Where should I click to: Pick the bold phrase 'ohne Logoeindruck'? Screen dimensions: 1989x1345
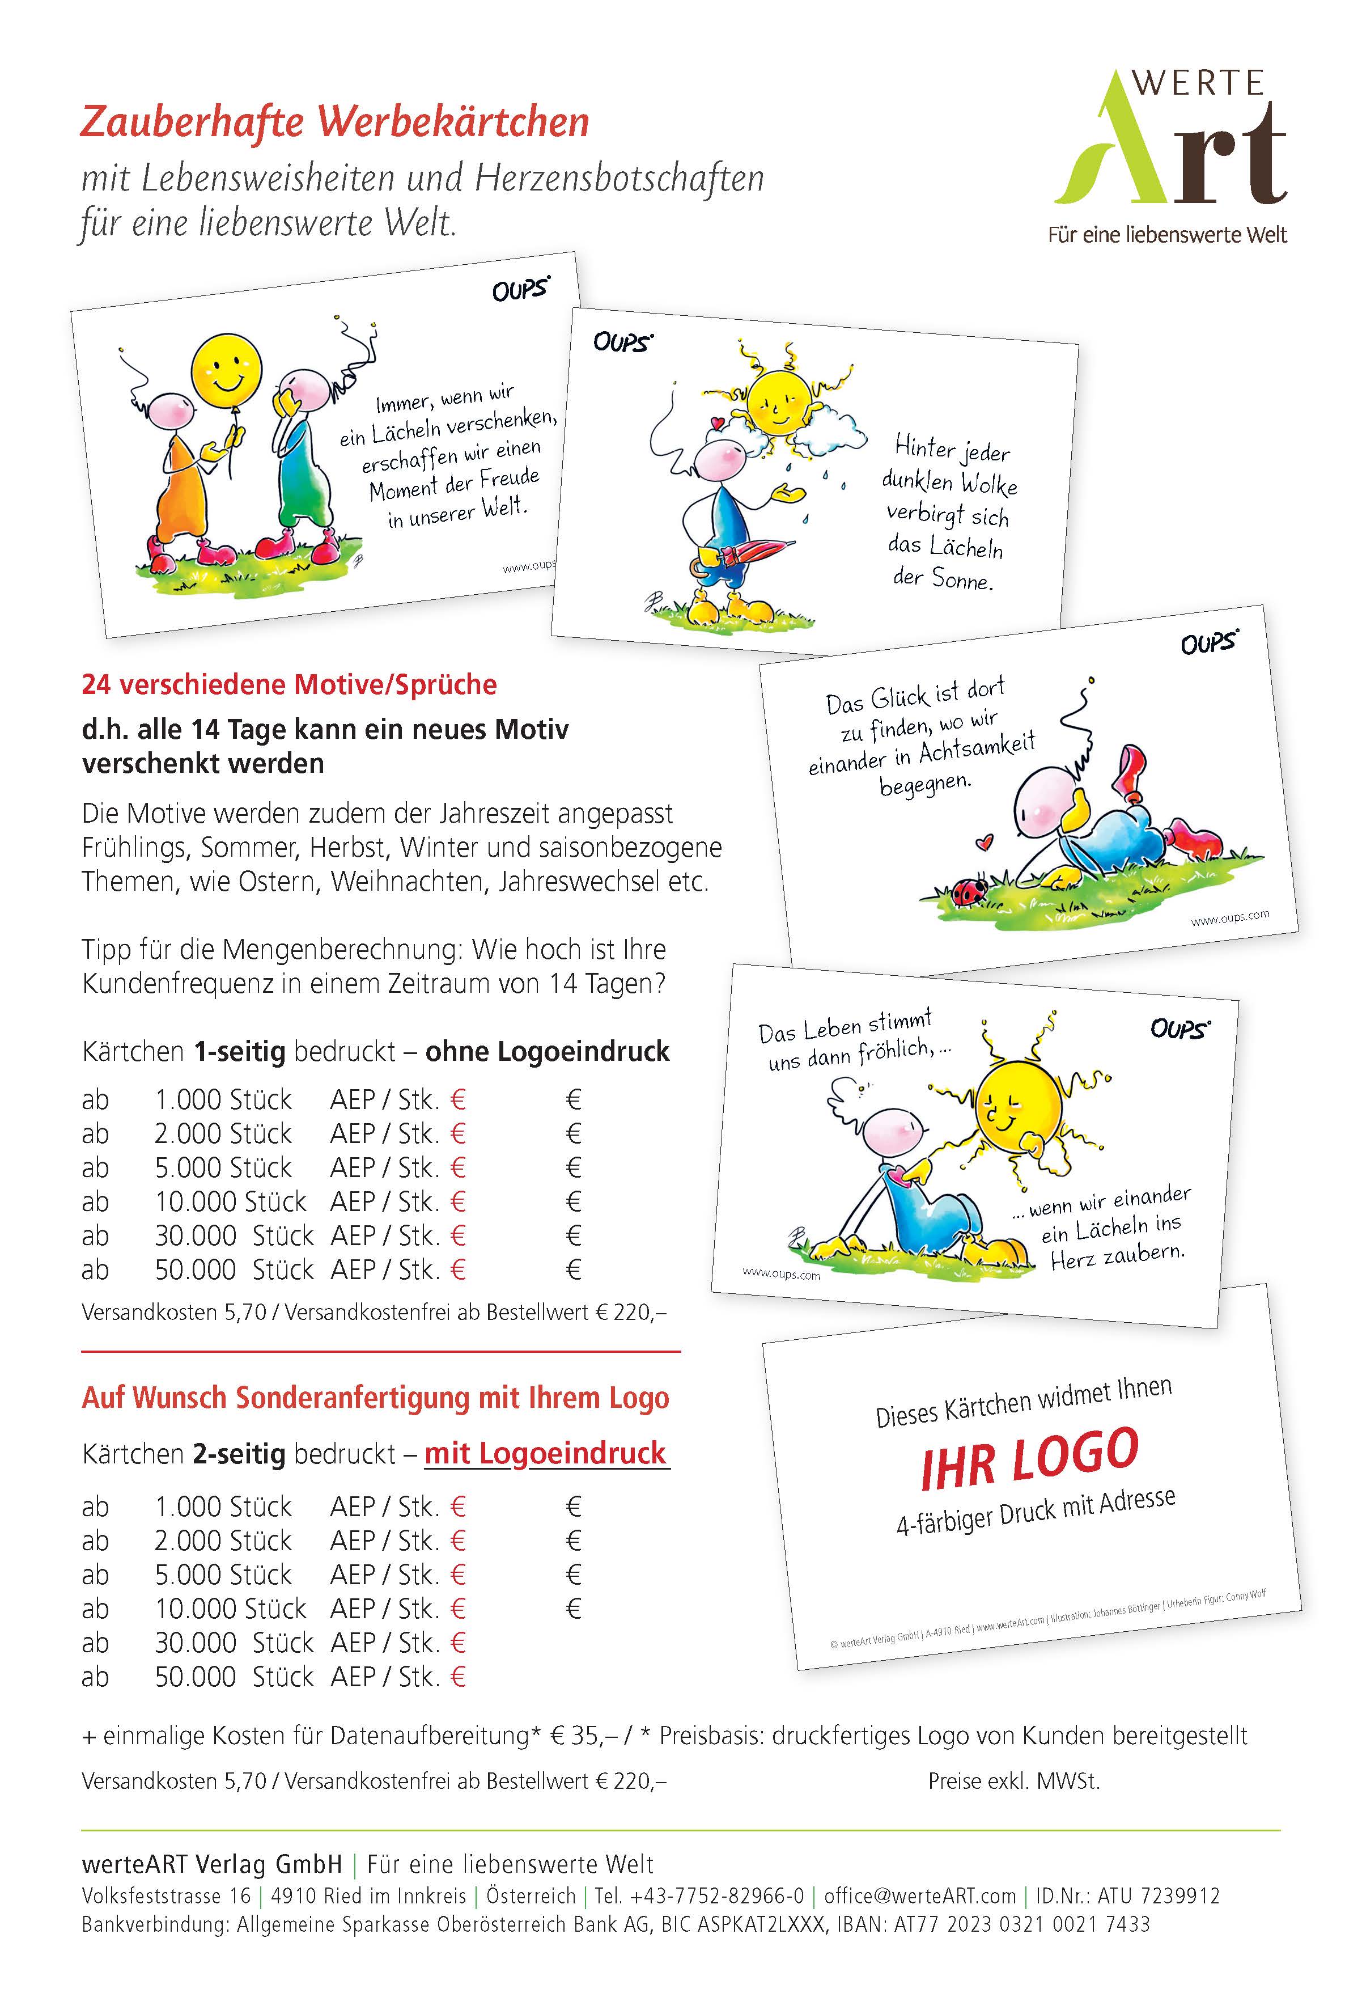tap(548, 1051)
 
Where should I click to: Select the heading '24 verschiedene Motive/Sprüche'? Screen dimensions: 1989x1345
tap(289, 685)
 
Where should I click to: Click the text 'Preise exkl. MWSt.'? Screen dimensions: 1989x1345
tap(1014, 1781)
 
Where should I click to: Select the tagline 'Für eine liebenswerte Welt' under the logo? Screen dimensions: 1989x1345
tap(1167, 235)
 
